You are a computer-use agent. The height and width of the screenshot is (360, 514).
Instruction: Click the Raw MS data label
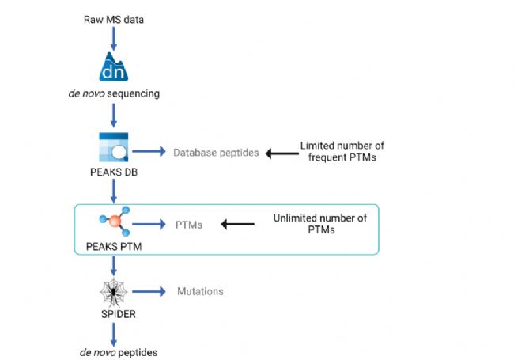[114, 20]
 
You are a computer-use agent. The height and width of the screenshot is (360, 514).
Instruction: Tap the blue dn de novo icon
[113, 67]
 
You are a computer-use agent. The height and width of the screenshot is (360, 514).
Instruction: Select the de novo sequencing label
[114, 93]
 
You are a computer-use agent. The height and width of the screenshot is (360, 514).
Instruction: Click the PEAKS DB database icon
[113, 147]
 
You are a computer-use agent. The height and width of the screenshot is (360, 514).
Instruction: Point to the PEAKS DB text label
[114, 172]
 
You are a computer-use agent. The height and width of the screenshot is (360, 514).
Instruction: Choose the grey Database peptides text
[216, 153]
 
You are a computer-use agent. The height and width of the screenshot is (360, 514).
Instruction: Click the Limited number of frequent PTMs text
[342, 151]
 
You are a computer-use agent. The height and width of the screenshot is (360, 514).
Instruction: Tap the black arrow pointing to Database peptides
[282, 153]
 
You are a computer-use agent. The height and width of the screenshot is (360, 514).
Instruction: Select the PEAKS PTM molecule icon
[115, 221]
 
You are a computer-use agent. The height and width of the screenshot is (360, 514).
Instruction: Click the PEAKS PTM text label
[114, 247]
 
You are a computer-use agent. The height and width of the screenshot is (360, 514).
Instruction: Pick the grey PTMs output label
[189, 225]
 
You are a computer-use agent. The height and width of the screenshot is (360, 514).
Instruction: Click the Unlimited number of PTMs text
[320, 224]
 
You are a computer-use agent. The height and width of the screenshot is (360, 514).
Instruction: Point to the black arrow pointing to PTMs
[238, 224]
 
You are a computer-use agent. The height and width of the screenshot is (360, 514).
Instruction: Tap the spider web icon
[113, 292]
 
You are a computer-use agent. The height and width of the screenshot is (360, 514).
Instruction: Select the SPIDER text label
[119, 314]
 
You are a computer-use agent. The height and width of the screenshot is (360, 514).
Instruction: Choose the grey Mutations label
[200, 291]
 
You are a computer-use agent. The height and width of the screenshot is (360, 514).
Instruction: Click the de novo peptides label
[119, 352]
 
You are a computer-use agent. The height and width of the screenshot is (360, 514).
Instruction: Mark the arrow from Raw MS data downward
[113, 39]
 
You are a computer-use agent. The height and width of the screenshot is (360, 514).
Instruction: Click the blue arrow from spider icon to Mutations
[149, 291]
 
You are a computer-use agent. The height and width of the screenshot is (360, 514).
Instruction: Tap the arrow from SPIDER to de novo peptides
[113, 335]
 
